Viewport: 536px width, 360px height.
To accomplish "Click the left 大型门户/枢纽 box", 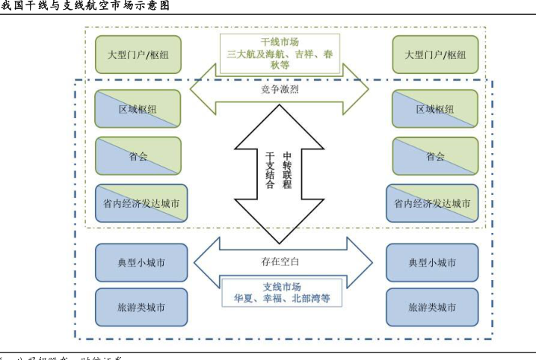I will click(138, 55).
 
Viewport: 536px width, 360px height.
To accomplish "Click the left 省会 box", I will click(138, 156).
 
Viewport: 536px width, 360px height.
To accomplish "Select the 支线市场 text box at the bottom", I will click(281, 293).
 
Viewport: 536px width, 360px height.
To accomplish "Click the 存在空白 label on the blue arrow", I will click(281, 261).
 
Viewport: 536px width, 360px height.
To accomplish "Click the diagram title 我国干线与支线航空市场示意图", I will click(85, 6).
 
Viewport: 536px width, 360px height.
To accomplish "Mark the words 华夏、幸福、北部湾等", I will click(281, 300).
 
